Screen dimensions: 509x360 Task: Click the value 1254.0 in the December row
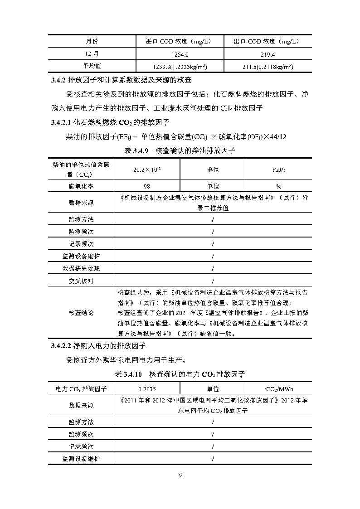click(180, 54)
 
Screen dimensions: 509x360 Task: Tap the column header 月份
click(92, 41)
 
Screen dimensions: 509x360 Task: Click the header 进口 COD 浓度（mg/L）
click(180, 41)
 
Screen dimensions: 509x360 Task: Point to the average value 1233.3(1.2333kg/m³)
click(180, 67)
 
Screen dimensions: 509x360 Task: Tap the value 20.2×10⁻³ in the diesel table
click(146, 170)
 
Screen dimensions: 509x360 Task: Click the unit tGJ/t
click(278, 170)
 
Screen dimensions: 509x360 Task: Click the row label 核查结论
click(81, 313)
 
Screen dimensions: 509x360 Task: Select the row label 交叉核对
click(81, 281)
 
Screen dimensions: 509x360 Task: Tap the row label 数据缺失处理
click(81, 268)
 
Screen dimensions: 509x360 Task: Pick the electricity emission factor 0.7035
click(146, 388)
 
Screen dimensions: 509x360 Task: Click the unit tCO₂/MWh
click(278, 388)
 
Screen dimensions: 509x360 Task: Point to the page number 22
click(180, 475)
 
